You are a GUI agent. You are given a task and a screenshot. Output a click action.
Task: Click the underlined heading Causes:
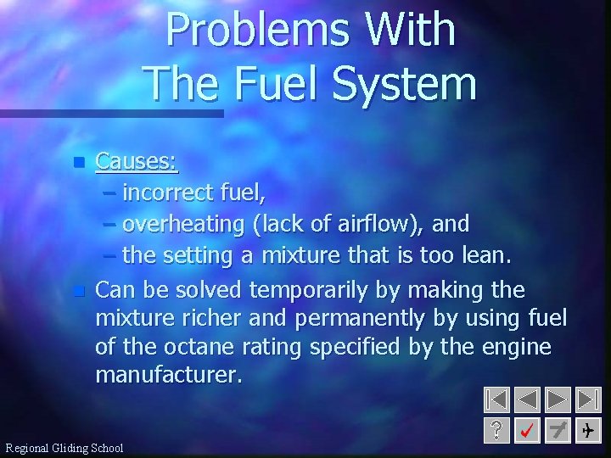(137, 160)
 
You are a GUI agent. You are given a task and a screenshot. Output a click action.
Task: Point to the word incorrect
(167, 193)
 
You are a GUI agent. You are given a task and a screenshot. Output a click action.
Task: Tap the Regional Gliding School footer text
(64, 448)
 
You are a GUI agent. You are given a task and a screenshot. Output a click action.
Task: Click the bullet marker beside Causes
(79, 161)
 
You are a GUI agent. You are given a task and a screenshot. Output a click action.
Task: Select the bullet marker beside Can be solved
(79, 291)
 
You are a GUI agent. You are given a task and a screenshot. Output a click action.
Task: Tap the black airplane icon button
(587, 431)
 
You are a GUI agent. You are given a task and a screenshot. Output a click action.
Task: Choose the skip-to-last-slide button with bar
(587, 399)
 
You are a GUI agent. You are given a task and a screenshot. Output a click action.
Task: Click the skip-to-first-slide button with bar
(497, 399)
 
